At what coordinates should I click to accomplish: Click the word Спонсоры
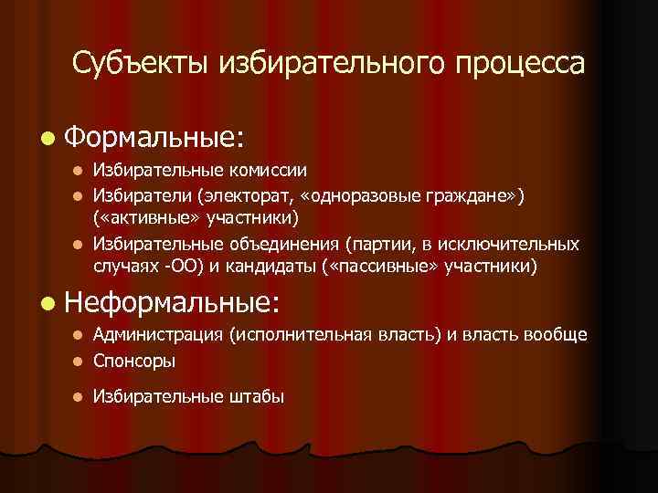(x=133, y=361)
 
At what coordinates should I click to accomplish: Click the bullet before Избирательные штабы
(x=79, y=396)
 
